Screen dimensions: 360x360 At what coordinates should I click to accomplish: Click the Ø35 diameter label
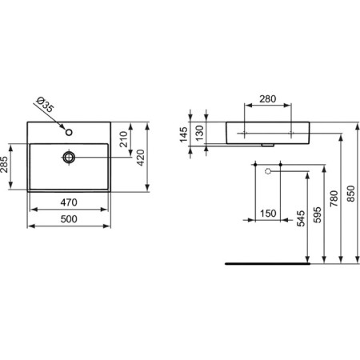tap(46, 104)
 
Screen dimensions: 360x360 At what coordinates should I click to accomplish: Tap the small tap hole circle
tap(69, 132)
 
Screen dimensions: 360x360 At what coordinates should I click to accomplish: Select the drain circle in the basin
tap(69, 157)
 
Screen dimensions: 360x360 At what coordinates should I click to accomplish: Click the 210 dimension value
tap(123, 139)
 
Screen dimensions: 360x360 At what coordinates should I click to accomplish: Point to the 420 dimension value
tap(141, 158)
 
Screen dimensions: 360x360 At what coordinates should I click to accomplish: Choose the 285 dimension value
tap(5, 164)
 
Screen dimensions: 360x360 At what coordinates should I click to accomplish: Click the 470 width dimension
tap(69, 202)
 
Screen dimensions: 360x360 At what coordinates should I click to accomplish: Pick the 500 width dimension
tap(69, 219)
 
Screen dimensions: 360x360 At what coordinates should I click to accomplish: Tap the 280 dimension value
tap(268, 99)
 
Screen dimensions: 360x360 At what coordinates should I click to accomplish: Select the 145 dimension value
tap(184, 134)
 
